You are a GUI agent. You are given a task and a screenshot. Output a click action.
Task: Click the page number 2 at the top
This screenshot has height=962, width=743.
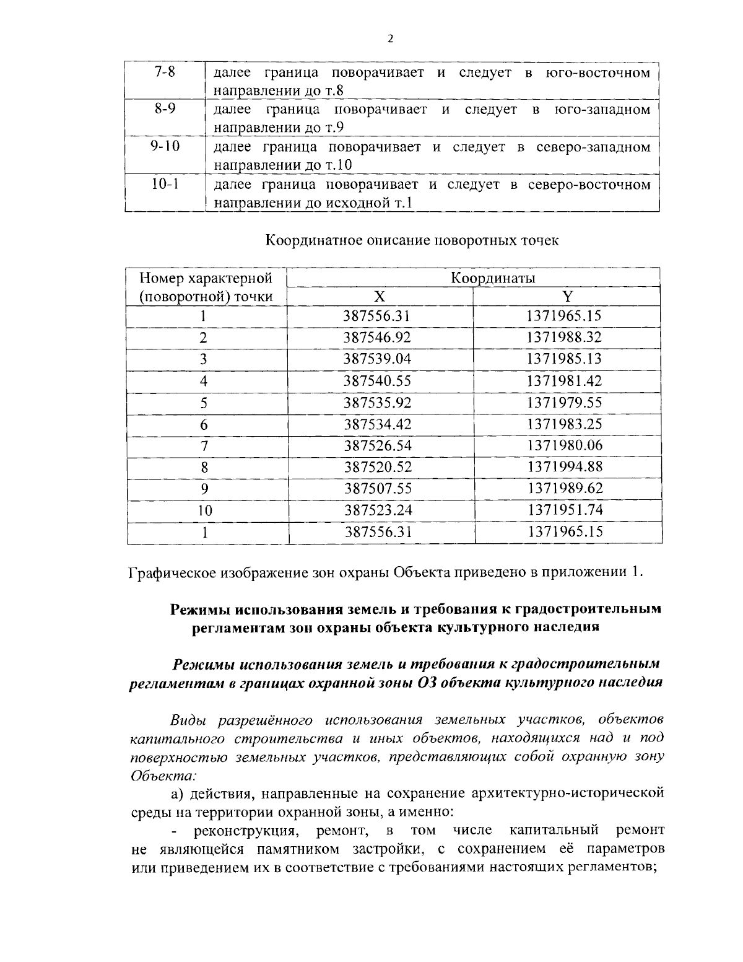pos(389,39)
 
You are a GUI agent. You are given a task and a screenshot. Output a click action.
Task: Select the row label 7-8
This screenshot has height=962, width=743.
pos(163,72)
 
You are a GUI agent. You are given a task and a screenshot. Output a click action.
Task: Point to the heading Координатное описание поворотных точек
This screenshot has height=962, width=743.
pos(412,240)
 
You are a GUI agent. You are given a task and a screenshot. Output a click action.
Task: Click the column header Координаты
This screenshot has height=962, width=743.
pos(492,278)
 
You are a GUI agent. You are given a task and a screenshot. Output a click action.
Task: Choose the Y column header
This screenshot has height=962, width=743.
pos(564,296)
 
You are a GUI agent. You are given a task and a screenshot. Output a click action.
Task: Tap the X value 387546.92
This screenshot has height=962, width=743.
pos(377,338)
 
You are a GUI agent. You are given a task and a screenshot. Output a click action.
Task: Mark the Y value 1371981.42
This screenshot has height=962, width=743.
pos(564,381)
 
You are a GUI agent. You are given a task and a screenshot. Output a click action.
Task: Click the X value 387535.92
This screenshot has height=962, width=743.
pos(377,403)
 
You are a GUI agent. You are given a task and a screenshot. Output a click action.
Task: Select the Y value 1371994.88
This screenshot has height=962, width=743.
pos(564,466)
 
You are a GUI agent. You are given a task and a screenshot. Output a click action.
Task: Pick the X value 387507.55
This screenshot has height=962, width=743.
pos(377,488)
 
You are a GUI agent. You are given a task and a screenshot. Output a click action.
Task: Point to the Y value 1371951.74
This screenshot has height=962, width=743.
pos(564,510)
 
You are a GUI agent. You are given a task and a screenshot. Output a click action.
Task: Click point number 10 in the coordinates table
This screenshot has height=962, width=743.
pos(204,510)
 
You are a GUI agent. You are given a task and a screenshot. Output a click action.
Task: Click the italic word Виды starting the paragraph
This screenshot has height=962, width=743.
pos(188,720)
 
